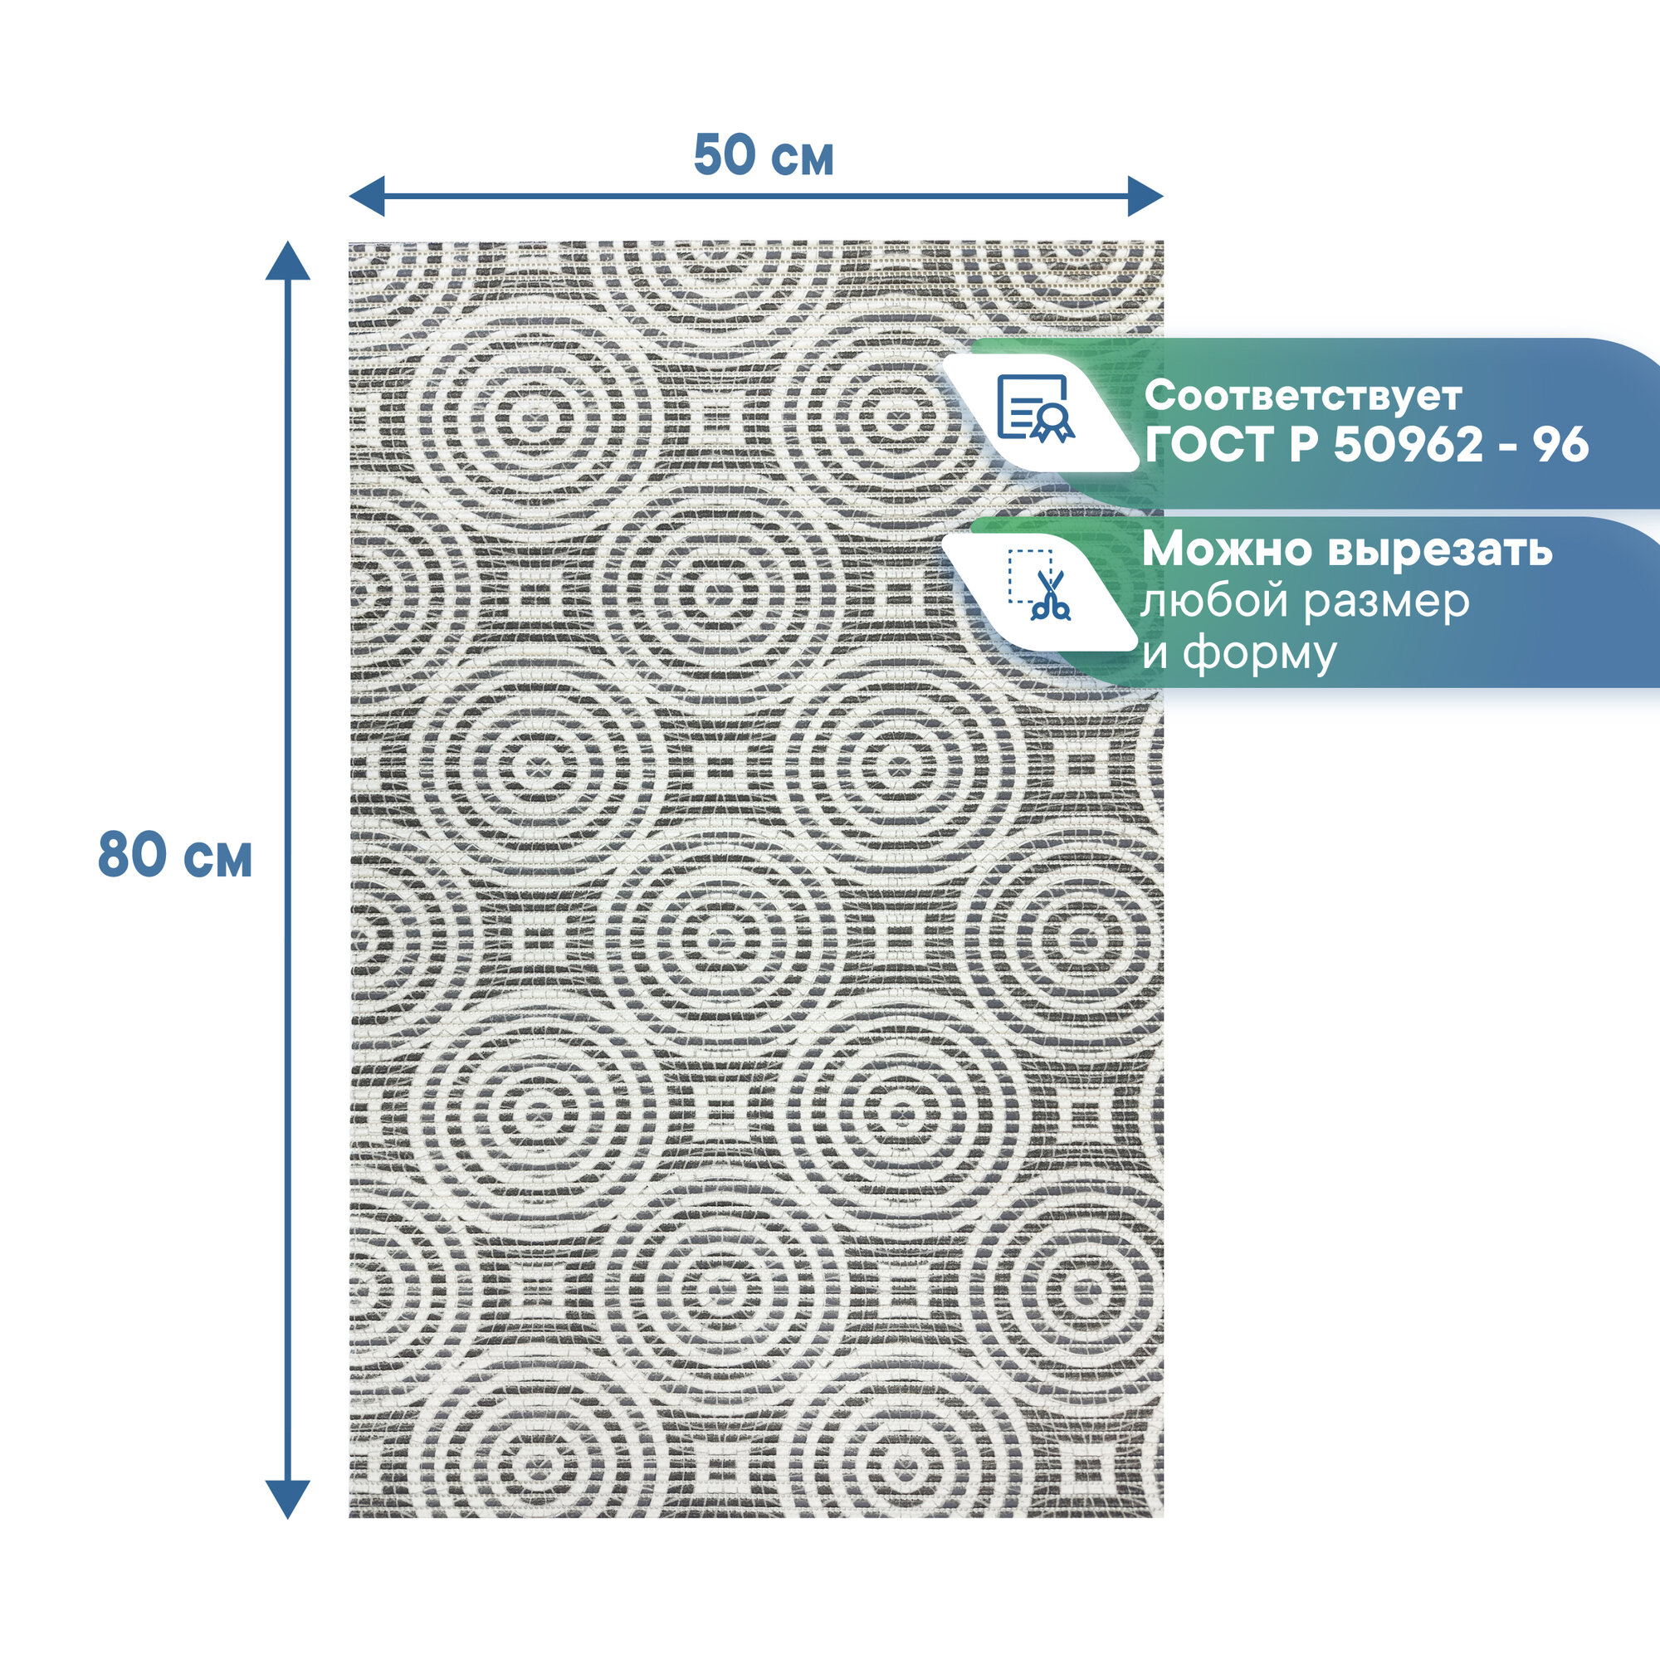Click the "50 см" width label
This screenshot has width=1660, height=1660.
click(x=763, y=155)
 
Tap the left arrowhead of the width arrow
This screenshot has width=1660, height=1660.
click(x=365, y=196)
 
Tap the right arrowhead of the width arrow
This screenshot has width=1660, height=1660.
click(x=1146, y=196)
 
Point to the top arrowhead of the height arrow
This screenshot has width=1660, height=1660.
click(x=287, y=260)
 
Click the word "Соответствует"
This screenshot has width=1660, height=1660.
click(x=1302, y=396)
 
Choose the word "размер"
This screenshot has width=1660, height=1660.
click(x=1386, y=603)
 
